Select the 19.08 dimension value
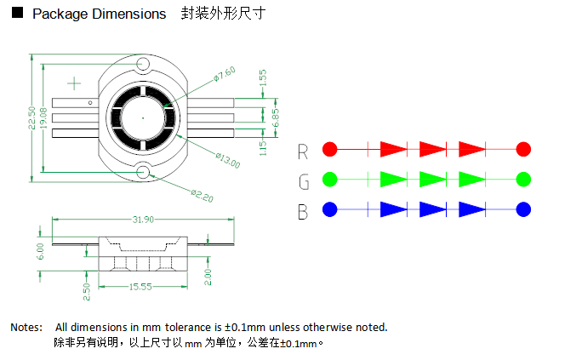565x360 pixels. (43, 120)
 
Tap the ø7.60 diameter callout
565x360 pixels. (225, 74)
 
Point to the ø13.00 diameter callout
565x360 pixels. (228, 158)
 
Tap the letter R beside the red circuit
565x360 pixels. (303, 151)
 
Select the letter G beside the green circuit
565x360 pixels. (303, 182)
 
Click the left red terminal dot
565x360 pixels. (330, 149)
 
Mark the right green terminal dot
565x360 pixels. (523, 180)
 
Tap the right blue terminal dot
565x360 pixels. (523, 209)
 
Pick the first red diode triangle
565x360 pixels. (393, 149)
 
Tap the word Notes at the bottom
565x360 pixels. (26, 327)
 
